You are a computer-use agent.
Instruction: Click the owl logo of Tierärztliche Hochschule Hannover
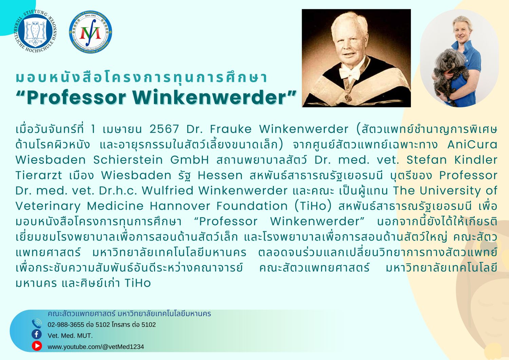coord(35,31)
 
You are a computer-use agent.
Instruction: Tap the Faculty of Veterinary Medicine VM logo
coord(91,32)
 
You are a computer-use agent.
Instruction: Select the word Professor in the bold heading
coord(76,97)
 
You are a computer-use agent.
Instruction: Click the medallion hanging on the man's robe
coord(348,98)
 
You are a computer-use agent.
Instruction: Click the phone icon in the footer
coord(37,324)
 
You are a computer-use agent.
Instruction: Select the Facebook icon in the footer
coord(37,335)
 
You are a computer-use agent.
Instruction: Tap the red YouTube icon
coord(37,346)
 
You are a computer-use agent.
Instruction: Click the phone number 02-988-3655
coord(66,325)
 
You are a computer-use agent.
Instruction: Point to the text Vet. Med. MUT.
coord(70,336)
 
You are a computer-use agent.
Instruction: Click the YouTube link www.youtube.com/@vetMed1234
coord(96,346)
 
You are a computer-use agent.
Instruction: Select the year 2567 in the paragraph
coord(164,129)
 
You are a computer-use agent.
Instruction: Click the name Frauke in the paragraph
coord(231,129)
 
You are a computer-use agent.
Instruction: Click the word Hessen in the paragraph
coord(220,175)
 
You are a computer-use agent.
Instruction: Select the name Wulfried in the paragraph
coord(168,190)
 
